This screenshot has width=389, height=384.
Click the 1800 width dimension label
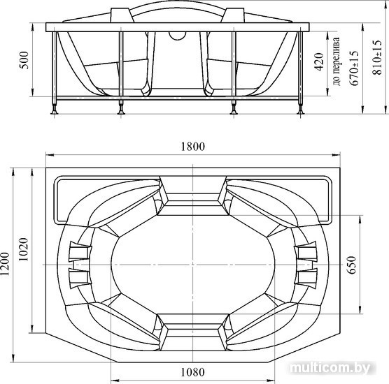tap(193, 147)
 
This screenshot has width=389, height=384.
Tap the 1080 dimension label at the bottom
tap(193, 372)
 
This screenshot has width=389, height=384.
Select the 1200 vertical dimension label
tap(5, 264)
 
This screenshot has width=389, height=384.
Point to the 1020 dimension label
tap(24, 249)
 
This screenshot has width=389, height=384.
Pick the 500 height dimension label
tap(24, 60)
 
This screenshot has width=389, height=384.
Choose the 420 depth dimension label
tap(319, 62)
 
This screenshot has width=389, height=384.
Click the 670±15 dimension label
tap(354, 68)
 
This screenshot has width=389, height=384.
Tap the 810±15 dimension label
tap(377, 57)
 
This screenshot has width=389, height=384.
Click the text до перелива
tap(337, 61)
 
